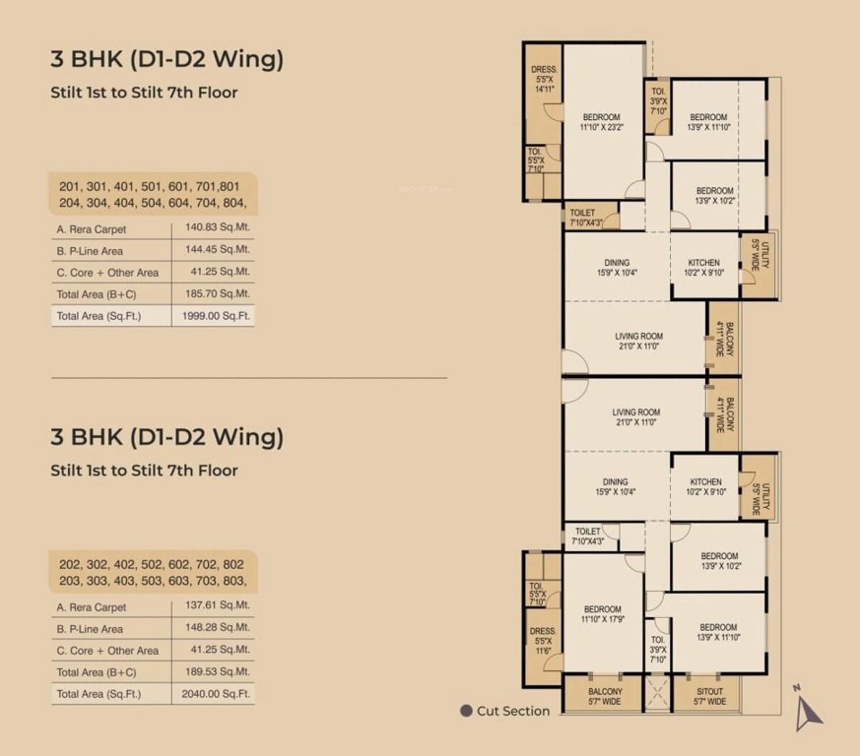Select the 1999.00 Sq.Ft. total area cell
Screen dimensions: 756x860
tap(212, 315)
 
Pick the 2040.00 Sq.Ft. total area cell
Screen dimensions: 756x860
tap(212, 693)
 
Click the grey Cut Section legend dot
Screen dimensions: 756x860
tap(466, 711)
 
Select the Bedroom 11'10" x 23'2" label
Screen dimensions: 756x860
tap(601, 122)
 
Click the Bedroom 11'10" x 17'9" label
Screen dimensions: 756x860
tap(601, 614)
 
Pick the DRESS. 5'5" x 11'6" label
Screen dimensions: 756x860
tap(544, 641)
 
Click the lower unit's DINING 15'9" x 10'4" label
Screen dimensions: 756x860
tap(617, 487)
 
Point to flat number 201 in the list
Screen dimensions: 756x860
tap(69, 186)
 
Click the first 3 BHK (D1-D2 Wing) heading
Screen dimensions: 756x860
tap(166, 59)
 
